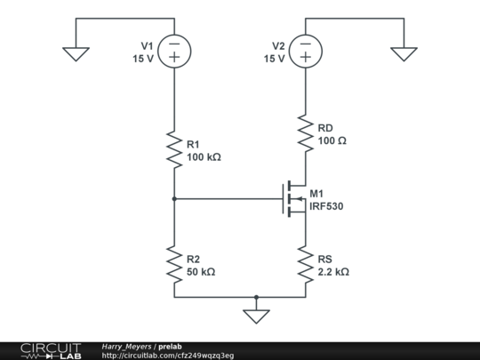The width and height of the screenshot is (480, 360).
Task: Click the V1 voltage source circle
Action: tap(174, 51)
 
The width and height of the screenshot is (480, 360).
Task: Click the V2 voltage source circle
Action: tap(305, 51)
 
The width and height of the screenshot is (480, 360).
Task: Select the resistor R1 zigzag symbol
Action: tap(174, 149)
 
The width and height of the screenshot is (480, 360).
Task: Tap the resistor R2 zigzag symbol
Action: tap(174, 264)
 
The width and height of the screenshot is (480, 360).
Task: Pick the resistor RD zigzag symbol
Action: tap(305, 133)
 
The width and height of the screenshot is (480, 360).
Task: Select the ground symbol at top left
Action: tap(76, 53)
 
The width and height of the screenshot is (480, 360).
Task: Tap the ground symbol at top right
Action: tap(404, 53)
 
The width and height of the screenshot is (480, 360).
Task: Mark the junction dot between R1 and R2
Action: tap(174, 200)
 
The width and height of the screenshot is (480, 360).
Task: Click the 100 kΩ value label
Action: tap(204, 157)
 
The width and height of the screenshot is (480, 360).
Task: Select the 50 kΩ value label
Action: tap(201, 272)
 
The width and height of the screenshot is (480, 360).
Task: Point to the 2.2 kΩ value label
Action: tap(333, 272)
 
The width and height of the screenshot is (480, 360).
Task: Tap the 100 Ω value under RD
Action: tap(332, 141)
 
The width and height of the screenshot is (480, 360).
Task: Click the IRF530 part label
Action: tap(326, 207)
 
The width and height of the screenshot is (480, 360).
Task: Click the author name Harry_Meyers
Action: tap(127, 346)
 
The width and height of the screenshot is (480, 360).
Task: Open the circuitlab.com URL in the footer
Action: tap(168, 355)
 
